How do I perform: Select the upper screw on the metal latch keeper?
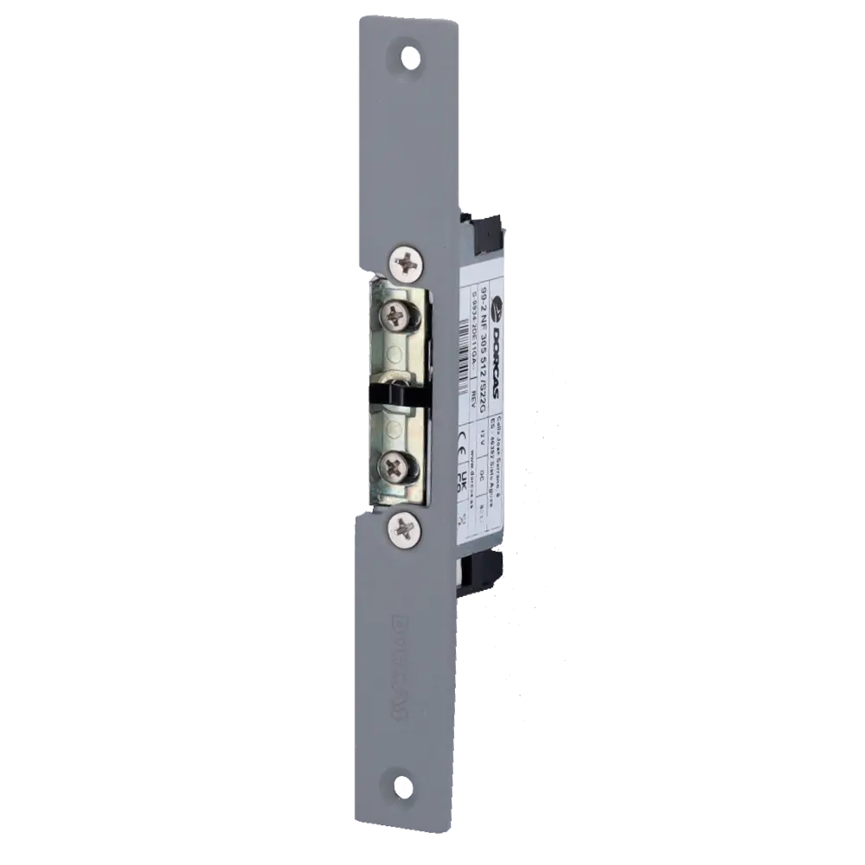pos(394,315)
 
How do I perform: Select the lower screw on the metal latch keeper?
pos(394,469)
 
